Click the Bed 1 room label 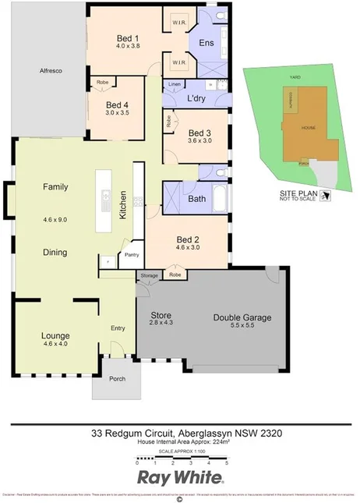[128, 38]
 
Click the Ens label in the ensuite [206, 44]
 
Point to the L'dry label [196, 98]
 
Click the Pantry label [131, 254]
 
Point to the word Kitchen [122, 204]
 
